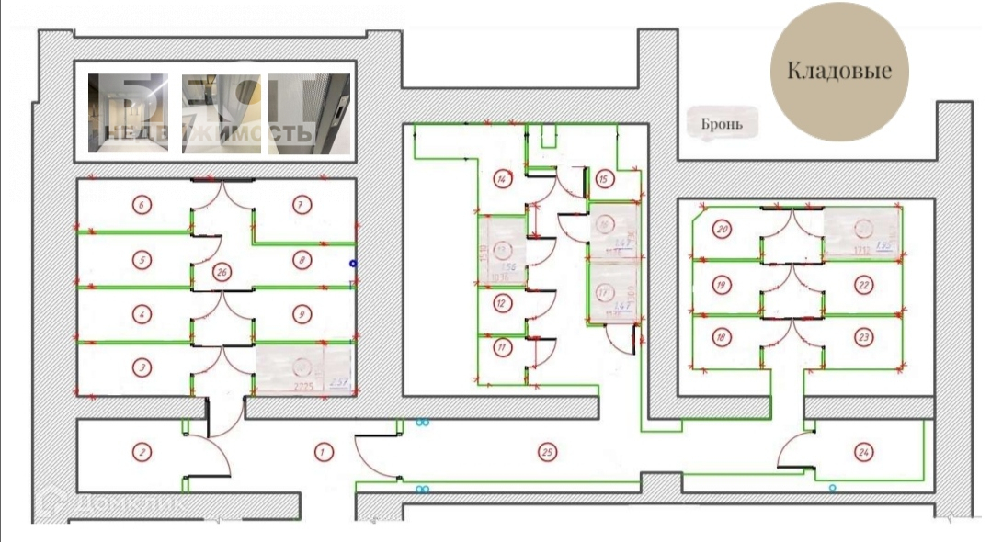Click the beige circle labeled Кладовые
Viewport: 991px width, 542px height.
pyautogui.click(x=837, y=71)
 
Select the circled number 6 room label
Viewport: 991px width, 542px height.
pyautogui.click(x=141, y=204)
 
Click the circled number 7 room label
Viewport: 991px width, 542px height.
pyautogui.click(x=301, y=204)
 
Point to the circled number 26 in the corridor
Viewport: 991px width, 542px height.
pyautogui.click(x=221, y=272)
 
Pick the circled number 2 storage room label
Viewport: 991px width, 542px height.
pyautogui.click(x=141, y=451)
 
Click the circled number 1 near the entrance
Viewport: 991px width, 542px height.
pyautogui.click(x=323, y=451)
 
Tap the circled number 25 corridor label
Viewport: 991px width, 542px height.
pyautogui.click(x=547, y=451)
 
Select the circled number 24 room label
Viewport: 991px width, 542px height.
pyautogui.click(x=862, y=451)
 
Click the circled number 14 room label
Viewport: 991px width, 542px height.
pyautogui.click(x=502, y=178)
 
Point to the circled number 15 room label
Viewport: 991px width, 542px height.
pyautogui.click(x=603, y=179)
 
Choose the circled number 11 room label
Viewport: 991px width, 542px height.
pyautogui.click(x=502, y=347)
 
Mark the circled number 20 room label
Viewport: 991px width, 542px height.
pyautogui.click(x=722, y=229)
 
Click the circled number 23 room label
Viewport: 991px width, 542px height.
pyautogui.click(x=863, y=337)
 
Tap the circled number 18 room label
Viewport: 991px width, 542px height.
pyautogui.click(x=722, y=337)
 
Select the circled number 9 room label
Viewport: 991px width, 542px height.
pyautogui.click(x=301, y=314)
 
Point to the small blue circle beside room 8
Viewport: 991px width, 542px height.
pyautogui.click(x=353, y=264)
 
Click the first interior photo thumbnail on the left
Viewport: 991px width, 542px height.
pyautogui.click(x=128, y=112)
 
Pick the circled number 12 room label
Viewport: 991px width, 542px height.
pyautogui.click(x=502, y=302)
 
